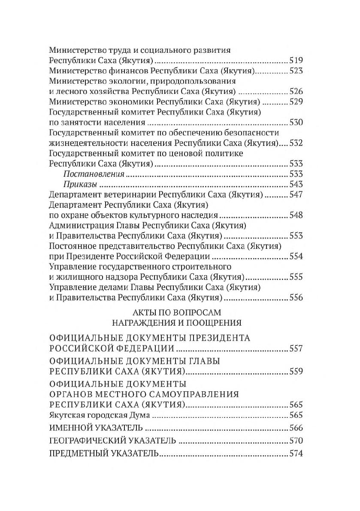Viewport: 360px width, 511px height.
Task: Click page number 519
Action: coord(296,60)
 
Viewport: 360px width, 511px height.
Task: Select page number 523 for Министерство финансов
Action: coord(296,70)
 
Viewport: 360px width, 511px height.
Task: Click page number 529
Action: coord(296,102)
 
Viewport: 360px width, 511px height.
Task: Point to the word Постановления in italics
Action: coord(94,174)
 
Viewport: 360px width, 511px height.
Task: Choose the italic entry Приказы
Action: coord(79,184)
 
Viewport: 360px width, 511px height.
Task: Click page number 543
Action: coord(296,184)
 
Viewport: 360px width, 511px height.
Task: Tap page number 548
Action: coord(296,215)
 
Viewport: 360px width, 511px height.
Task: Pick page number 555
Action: coord(296,277)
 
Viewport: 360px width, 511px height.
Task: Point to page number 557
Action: coord(296,349)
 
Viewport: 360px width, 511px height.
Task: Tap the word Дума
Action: coord(139,415)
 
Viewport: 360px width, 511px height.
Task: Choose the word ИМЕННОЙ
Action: coord(70,428)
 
